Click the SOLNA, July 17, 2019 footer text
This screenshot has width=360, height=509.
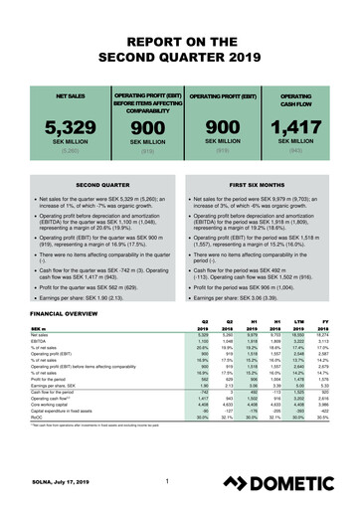(x=50, y=484)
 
